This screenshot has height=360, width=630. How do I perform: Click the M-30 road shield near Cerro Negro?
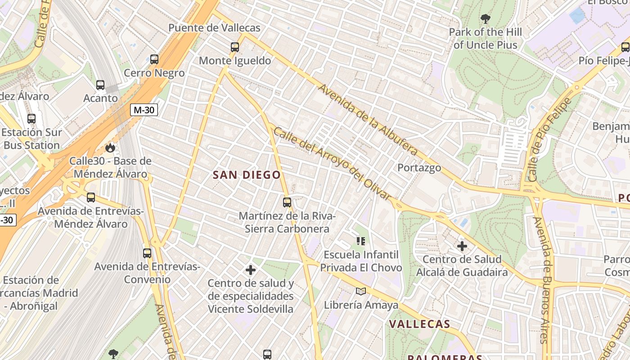(x=144, y=110)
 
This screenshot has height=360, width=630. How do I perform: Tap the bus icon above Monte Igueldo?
(x=234, y=47)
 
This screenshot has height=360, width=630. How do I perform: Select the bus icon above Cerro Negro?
(x=154, y=59)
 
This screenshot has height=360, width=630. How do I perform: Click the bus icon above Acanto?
(x=100, y=85)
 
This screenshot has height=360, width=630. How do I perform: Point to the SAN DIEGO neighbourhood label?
(x=247, y=175)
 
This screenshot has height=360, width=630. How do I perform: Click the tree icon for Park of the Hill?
(x=485, y=19)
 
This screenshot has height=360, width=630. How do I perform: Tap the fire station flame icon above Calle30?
(x=110, y=148)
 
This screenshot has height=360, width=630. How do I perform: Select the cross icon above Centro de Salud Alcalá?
(x=462, y=246)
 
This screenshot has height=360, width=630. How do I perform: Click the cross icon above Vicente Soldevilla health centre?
(x=251, y=270)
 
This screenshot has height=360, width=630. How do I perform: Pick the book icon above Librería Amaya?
(x=361, y=292)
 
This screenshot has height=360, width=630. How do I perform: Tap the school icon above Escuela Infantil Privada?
(x=360, y=241)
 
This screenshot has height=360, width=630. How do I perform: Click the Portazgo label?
(x=419, y=168)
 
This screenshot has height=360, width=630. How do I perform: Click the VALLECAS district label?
(x=419, y=324)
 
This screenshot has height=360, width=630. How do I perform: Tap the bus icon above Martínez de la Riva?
(x=287, y=202)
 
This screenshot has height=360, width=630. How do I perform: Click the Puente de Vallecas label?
(x=214, y=28)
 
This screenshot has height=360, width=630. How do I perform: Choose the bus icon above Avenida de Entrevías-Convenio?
(x=147, y=253)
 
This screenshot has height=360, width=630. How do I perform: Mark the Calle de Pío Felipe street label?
(x=549, y=139)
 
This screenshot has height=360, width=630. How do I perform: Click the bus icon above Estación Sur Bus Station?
(x=31, y=119)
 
